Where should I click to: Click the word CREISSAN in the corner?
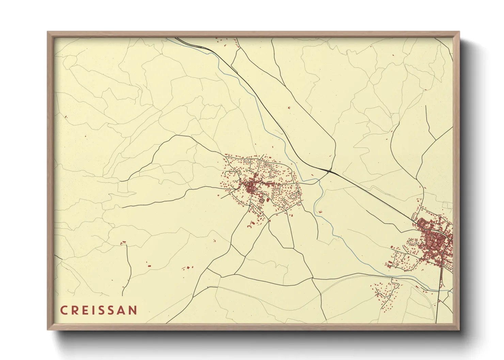click(x=99, y=310)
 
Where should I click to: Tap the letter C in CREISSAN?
click(x=63, y=310)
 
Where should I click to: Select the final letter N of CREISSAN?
click(x=133, y=310)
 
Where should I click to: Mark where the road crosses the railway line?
click(x=329, y=171)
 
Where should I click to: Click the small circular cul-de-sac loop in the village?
click(x=283, y=199)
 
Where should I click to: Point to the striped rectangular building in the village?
click(x=262, y=201)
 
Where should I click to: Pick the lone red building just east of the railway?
click(x=289, y=108)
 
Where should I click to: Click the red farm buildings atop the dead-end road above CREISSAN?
click(x=123, y=243)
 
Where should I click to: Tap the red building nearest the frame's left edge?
click(x=66, y=117)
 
